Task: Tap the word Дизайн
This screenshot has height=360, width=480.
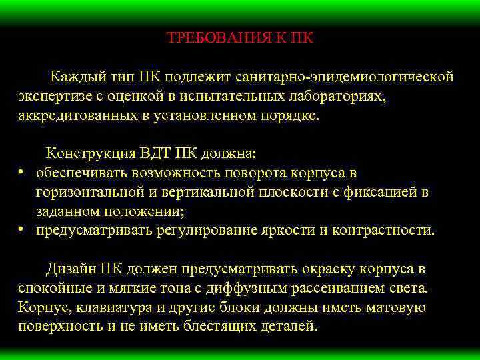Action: pos(71,269)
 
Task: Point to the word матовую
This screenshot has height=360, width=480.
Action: pos(397,307)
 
